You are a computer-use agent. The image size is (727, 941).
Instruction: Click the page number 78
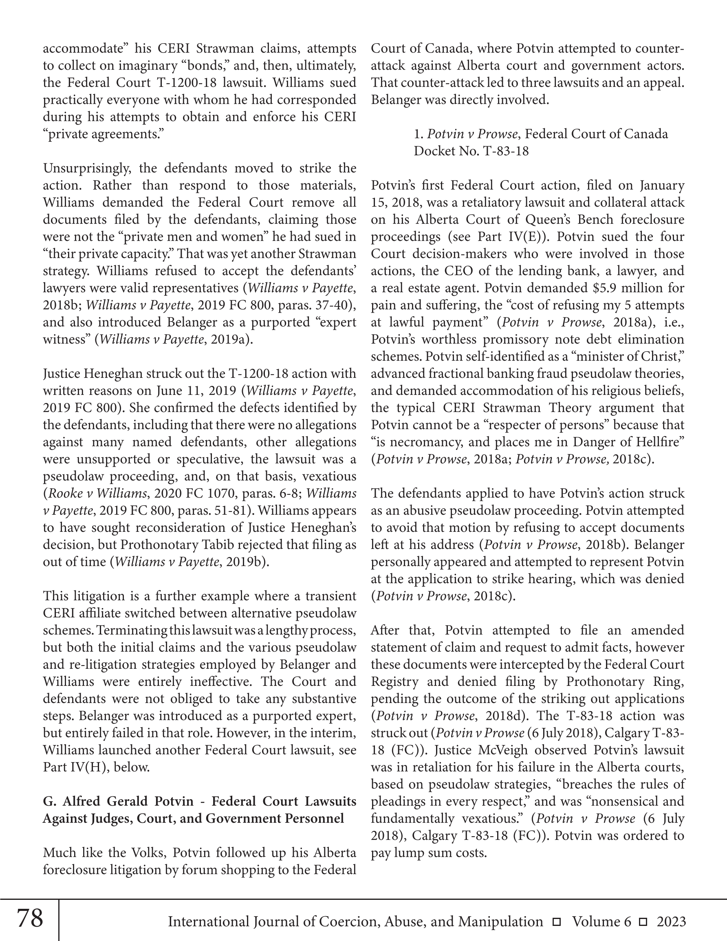coord(30,918)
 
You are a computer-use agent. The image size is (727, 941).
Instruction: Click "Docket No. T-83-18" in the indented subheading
coord(471,151)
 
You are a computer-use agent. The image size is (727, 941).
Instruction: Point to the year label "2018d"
coord(504,716)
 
